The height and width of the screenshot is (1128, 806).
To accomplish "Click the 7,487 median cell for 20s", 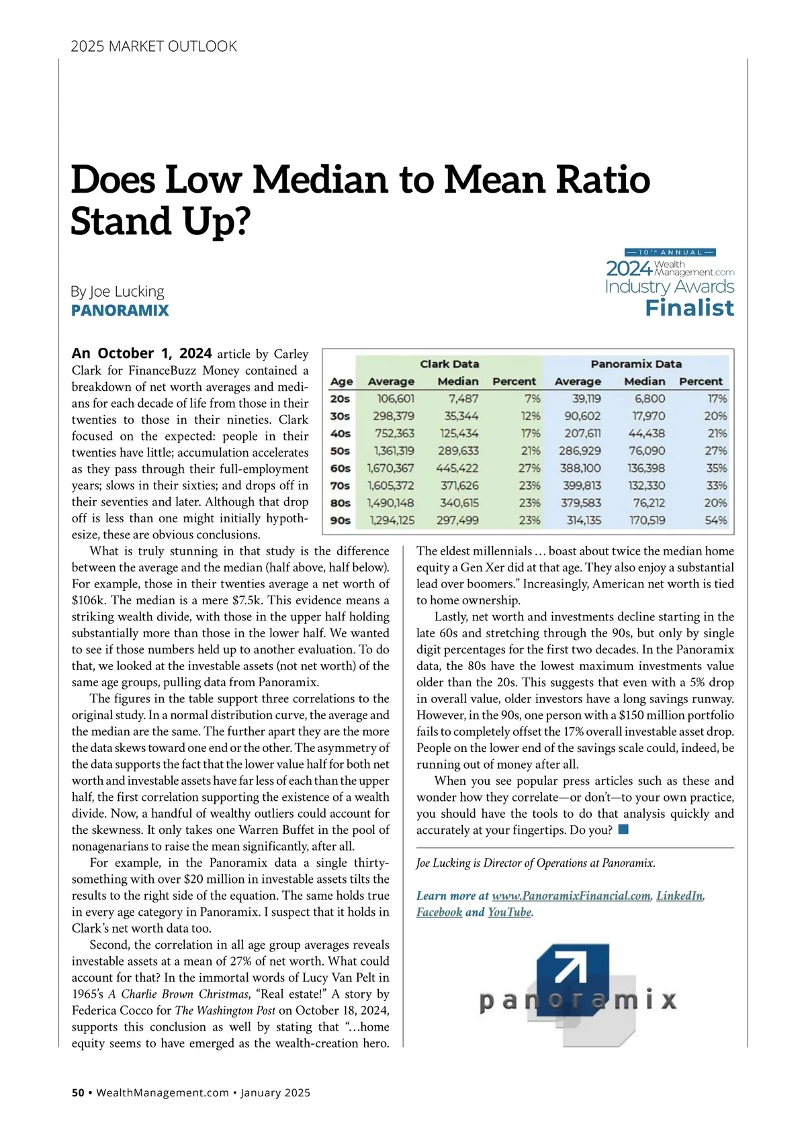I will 463,399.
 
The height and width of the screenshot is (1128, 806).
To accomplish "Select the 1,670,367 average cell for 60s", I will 390,468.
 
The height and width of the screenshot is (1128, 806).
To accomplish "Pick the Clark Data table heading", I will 449,364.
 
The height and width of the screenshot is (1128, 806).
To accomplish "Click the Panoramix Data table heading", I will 636,364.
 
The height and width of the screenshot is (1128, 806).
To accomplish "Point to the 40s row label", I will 341,434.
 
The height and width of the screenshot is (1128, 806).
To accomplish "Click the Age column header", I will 341,381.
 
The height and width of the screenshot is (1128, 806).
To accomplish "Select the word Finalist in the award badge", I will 689,308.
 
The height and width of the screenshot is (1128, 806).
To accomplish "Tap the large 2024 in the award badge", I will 629,269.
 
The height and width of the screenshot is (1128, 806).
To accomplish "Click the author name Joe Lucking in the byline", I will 126,291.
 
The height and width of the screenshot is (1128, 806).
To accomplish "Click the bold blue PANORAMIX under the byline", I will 120,310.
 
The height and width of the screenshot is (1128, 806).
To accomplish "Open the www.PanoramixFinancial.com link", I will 571,896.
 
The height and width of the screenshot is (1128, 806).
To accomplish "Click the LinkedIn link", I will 680,896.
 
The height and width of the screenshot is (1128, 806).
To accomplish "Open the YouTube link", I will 509,912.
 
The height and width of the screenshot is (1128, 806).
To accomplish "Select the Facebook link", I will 439,912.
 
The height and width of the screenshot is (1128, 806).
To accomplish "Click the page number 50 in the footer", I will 78,1092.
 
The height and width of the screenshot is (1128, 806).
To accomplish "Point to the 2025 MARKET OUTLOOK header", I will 154,46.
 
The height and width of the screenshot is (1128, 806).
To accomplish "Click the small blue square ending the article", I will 623,829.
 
